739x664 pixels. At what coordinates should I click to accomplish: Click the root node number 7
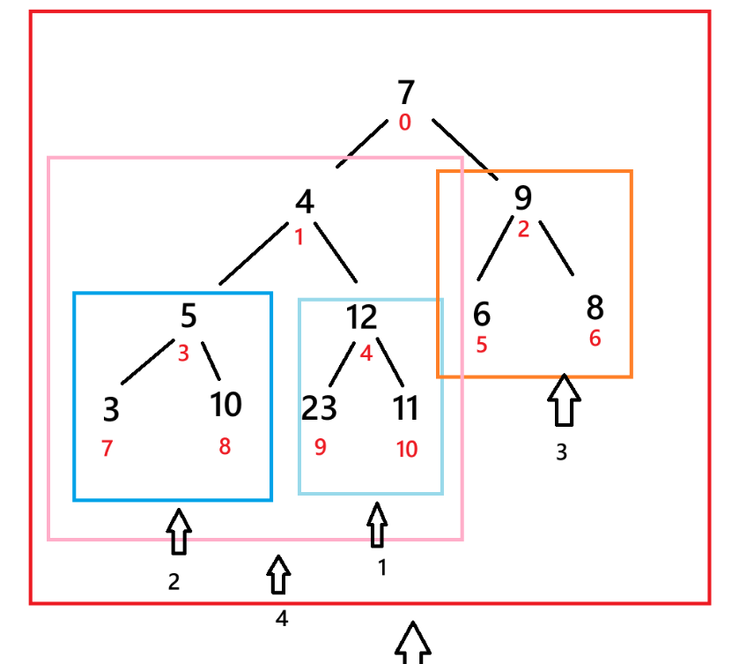[x=405, y=93]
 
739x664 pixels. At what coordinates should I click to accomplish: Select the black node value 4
[x=304, y=203]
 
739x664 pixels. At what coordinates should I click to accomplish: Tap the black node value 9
[x=523, y=198]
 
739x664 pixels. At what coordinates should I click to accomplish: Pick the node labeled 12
[x=361, y=317]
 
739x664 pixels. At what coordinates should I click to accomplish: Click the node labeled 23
[x=319, y=408]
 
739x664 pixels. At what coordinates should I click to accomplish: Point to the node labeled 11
[x=406, y=408]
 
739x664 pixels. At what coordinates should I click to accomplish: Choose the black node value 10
[x=225, y=405]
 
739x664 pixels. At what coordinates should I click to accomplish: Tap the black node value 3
[x=111, y=410]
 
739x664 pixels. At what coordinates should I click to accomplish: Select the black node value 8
[x=595, y=309]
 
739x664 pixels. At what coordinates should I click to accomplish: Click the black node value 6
[x=481, y=314]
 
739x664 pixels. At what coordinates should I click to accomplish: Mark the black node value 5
[x=188, y=315]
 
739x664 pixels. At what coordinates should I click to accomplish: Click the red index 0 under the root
[x=404, y=123]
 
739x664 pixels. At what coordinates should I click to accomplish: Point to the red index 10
[x=406, y=449]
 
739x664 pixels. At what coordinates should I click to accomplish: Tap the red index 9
[x=320, y=447]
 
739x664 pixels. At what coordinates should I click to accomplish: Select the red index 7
[x=107, y=448]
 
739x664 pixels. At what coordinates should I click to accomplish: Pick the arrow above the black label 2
[x=179, y=532]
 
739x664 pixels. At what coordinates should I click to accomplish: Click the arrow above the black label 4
[x=279, y=575]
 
